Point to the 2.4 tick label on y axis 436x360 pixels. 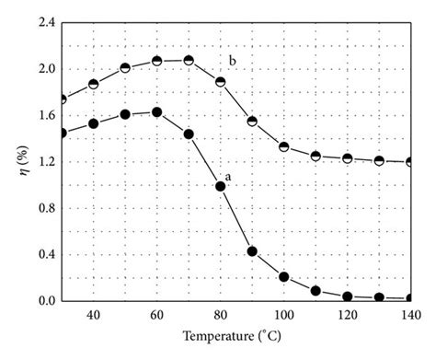pos(43,22)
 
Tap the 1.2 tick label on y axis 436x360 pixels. pos(43,162)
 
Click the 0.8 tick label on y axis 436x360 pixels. pos(43,208)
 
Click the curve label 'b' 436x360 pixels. pos(233,62)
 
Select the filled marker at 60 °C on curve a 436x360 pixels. pos(156,112)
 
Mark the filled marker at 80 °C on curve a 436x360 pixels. pos(220,186)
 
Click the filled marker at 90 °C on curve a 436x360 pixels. pos(252,251)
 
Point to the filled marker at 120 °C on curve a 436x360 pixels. pos(347,296)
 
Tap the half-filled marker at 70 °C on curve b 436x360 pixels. pos(189,60)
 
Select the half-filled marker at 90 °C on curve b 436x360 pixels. pos(252,121)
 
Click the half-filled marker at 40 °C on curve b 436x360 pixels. pos(93,84)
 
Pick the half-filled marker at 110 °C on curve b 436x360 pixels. pos(316,156)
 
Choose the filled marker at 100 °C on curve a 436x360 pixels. pos(283,276)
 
